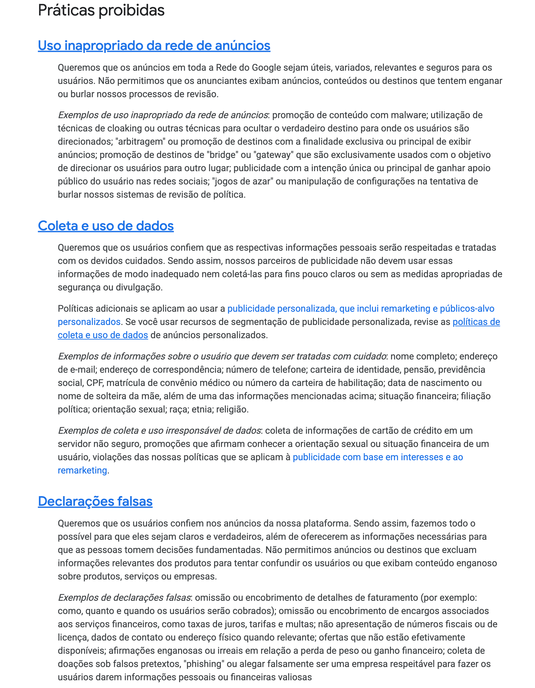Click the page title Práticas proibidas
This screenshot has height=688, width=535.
pyautogui.click(x=101, y=10)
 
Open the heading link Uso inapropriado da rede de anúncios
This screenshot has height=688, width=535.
pyautogui.click(x=154, y=46)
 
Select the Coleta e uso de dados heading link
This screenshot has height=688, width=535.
pyautogui.click(x=105, y=226)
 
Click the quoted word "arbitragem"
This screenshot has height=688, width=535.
pyautogui.click(x=141, y=141)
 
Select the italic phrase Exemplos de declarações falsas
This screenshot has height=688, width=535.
pyautogui.click(x=125, y=598)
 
